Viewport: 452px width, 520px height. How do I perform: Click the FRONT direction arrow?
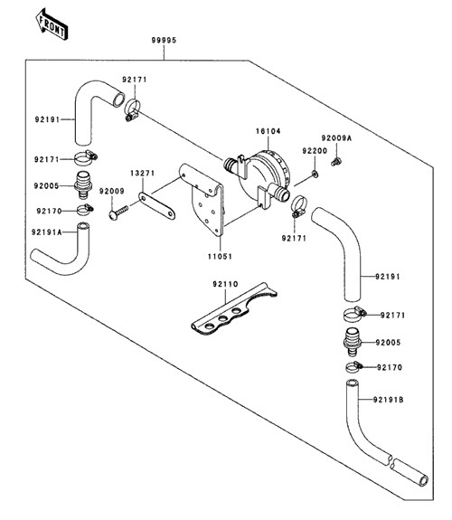[x=52, y=25]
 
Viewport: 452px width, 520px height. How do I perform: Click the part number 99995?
[x=164, y=41]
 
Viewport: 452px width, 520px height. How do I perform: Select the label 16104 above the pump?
[x=268, y=131]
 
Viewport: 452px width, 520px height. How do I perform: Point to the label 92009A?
[x=336, y=138]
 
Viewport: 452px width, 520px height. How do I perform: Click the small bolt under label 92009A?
[x=336, y=162]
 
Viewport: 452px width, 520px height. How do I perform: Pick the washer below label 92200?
[x=315, y=174]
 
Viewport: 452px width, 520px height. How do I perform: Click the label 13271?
[x=142, y=174]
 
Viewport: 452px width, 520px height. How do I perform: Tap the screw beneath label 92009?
[x=118, y=213]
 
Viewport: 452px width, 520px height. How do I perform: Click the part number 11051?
[x=220, y=257]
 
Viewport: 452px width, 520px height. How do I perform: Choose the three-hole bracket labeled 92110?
[x=234, y=309]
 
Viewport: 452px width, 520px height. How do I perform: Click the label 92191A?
[x=47, y=232]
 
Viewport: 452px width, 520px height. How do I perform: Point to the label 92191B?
[x=389, y=400]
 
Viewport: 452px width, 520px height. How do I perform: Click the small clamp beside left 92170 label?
[x=85, y=209]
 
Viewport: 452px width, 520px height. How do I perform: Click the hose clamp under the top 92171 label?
[x=132, y=109]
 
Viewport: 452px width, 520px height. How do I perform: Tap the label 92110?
[x=225, y=284]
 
